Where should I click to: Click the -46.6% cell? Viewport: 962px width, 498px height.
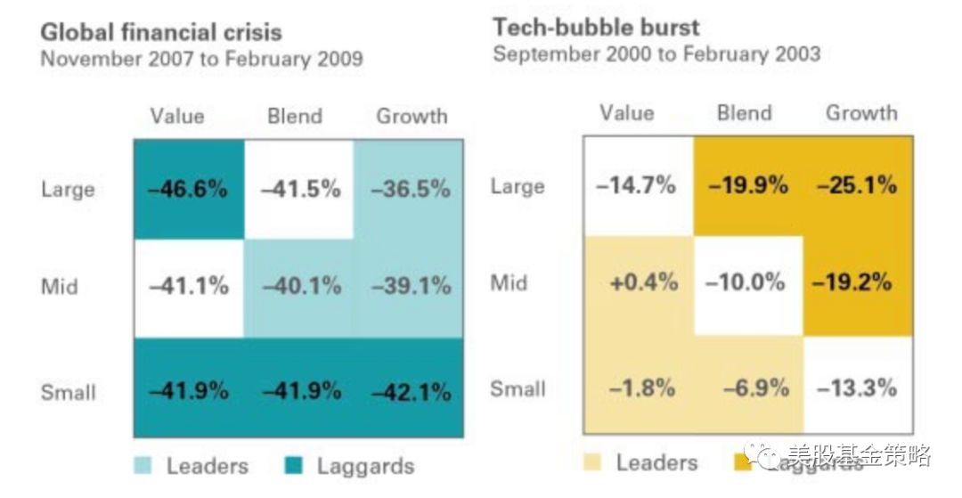click(189, 189)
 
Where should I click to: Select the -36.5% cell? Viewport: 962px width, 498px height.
click(409, 189)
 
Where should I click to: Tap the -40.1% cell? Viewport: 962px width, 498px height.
click(299, 286)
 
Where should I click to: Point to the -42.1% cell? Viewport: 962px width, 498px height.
click(409, 390)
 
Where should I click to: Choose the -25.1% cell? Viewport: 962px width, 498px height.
click(858, 186)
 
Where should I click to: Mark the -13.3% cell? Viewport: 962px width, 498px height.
click(858, 388)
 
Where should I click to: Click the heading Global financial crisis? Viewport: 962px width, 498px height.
click(161, 33)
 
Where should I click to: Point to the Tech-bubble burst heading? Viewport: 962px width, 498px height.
click(596, 28)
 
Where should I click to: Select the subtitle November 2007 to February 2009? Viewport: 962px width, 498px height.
click(201, 61)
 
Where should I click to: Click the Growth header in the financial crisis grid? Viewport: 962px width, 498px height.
click(412, 116)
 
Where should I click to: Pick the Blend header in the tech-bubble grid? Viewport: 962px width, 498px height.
click(744, 112)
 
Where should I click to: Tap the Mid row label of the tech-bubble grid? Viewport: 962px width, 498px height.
click(509, 282)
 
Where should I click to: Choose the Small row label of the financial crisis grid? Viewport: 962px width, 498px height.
click(68, 392)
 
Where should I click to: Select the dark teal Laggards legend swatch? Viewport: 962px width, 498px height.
click(297, 465)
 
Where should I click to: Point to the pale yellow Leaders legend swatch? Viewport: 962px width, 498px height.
click(593, 462)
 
